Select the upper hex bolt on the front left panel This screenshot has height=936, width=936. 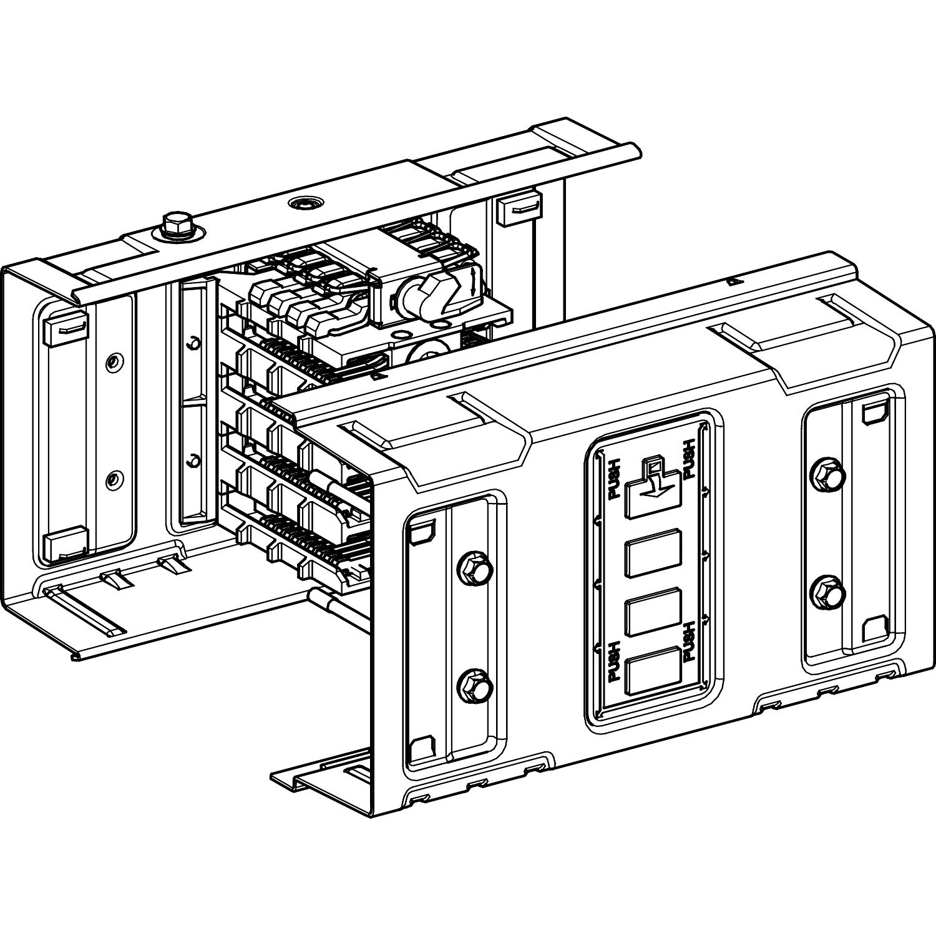point(475,568)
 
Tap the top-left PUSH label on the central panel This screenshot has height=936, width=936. point(613,478)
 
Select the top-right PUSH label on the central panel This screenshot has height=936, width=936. point(690,459)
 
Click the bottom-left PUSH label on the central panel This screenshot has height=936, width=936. point(613,661)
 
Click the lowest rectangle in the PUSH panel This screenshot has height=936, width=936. point(653,670)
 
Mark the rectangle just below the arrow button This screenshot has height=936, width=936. point(653,552)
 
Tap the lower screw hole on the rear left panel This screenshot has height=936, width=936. point(113,479)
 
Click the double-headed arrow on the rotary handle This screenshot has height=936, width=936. point(475,281)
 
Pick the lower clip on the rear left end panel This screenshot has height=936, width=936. point(64,544)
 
